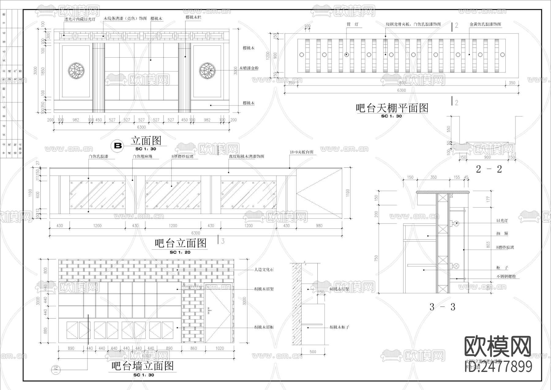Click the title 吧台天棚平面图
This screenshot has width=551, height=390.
(392, 108)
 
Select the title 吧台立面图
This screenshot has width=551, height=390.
(181, 243)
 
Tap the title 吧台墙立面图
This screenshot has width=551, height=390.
(142, 366)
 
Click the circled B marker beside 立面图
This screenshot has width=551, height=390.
(118, 146)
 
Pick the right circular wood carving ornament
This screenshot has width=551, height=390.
(207, 71)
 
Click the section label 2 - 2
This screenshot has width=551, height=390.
(489, 169)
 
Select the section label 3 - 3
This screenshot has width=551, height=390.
(442, 307)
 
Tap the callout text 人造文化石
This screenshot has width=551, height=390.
(264, 270)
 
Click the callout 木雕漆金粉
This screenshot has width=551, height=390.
(249, 68)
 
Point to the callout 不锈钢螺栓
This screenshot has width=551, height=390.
(506, 277)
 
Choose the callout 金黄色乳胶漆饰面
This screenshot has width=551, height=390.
(485, 24)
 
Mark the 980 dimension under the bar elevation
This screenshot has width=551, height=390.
(319, 226)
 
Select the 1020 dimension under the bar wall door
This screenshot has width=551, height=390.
(219, 348)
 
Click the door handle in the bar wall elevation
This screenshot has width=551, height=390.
(209, 311)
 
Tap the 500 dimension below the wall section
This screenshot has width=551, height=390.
(313, 352)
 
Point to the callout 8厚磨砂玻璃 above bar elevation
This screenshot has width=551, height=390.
(182, 156)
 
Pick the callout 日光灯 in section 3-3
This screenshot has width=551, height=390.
(502, 220)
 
